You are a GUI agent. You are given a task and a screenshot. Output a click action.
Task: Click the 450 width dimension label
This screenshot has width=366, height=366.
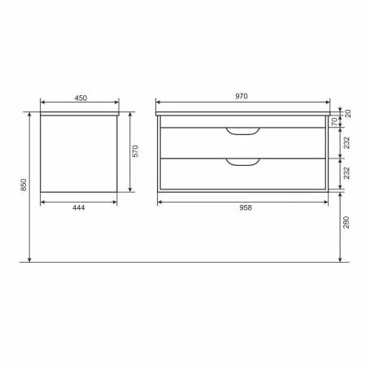(x=81, y=98)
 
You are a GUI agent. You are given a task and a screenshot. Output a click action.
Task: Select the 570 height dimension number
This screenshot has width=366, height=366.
(x=137, y=150)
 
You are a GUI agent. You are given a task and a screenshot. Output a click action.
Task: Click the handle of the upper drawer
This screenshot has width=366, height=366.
(x=242, y=131)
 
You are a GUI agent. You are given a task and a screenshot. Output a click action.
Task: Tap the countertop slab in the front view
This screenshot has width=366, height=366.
(x=244, y=115)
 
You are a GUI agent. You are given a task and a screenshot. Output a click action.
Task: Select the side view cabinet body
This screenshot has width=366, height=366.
(x=79, y=155)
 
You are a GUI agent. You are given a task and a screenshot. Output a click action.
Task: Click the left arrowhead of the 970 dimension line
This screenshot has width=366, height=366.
(x=158, y=103)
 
